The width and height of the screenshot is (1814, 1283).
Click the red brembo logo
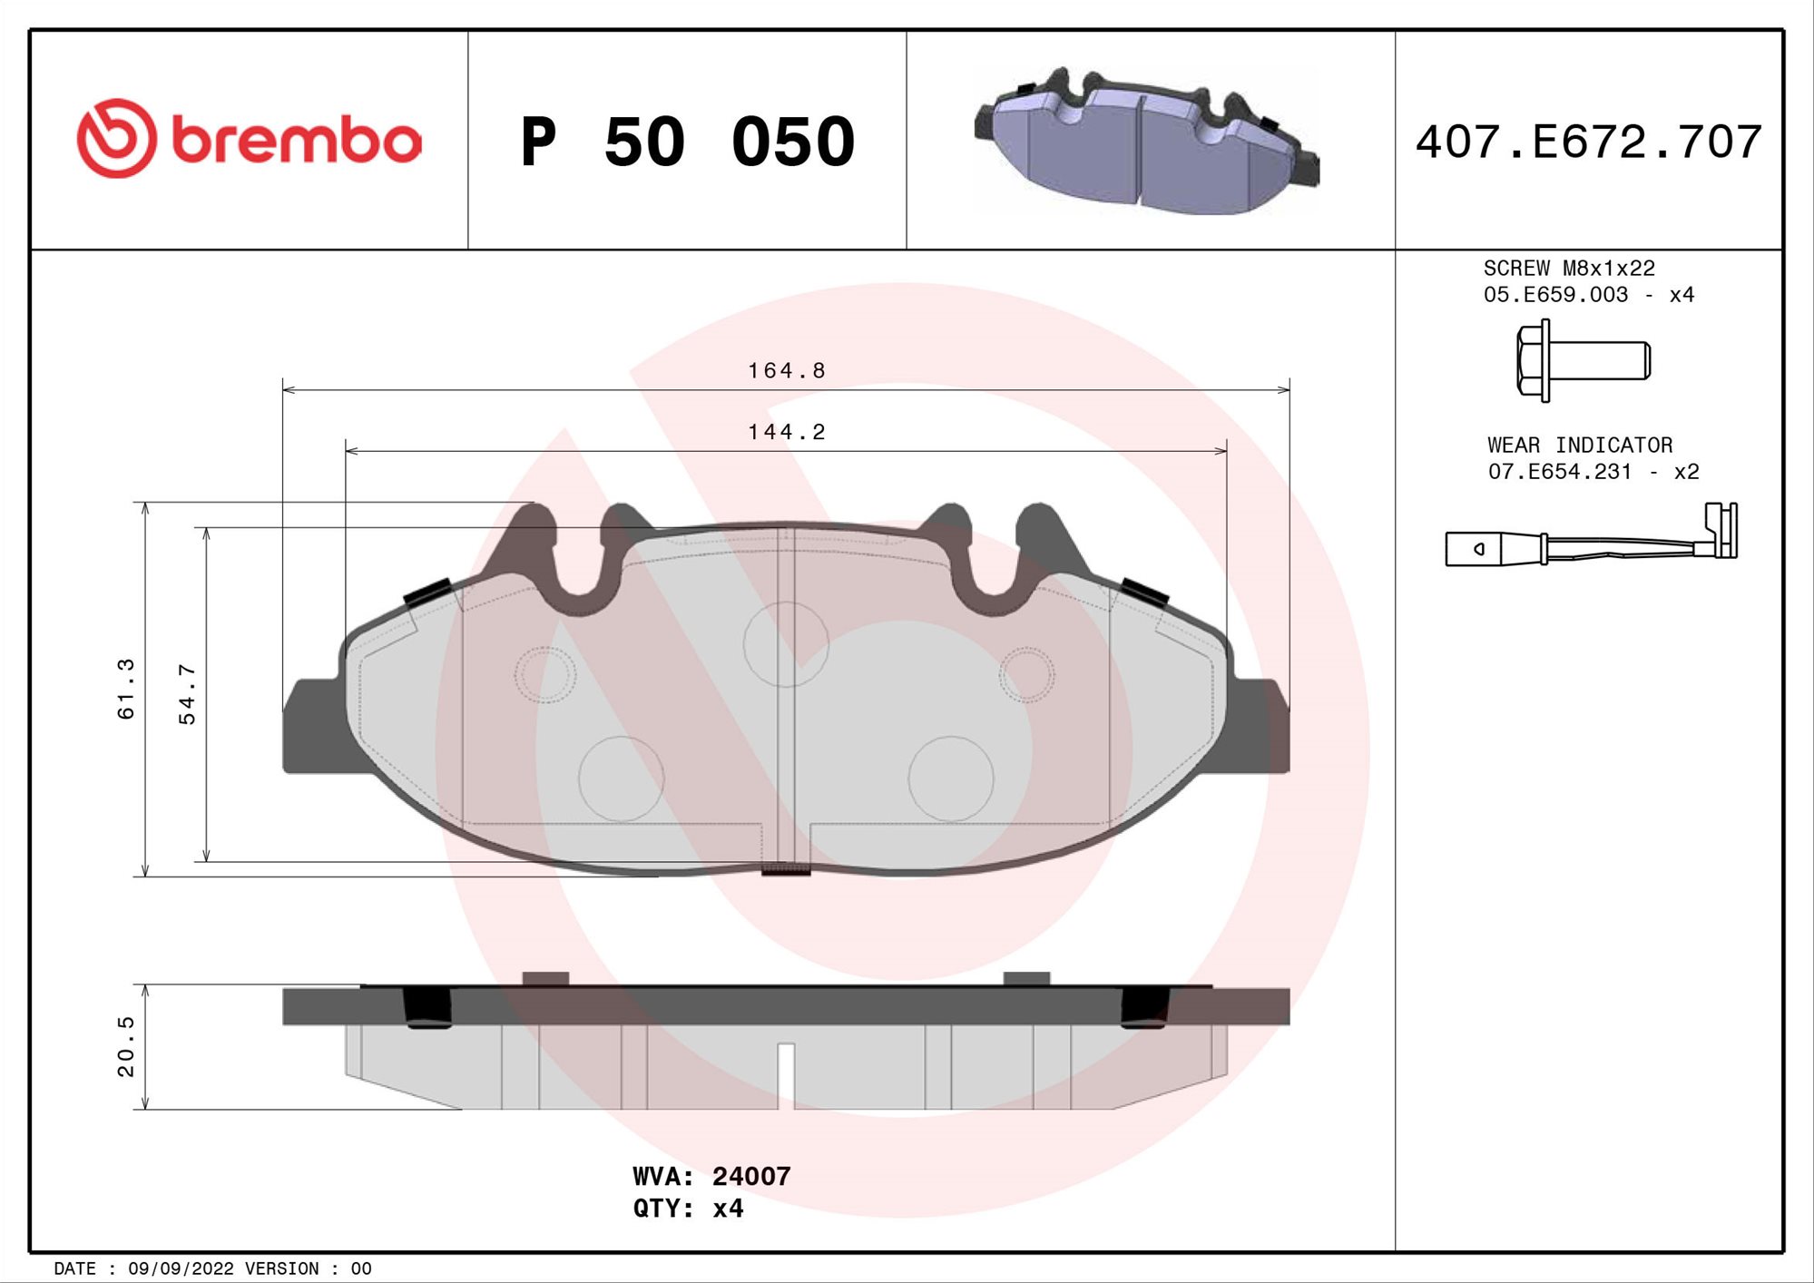click(249, 139)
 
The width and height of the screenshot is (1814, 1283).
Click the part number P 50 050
click(687, 142)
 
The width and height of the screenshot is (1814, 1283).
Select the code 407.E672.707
click(1588, 142)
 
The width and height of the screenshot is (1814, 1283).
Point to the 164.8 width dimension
click(786, 371)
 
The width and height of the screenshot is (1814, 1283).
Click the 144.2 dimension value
click(786, 432)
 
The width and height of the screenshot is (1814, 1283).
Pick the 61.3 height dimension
click(126, 689)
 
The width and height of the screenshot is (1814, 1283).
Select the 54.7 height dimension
click(187, 694)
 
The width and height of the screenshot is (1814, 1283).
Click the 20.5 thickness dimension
click(126, 1046)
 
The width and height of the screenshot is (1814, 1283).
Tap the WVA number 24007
click(750, 1176)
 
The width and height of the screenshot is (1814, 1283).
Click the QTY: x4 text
click(688, 1209)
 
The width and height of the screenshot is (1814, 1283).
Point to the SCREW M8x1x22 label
click(1568, 269)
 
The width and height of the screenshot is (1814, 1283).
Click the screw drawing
click(1583, 360)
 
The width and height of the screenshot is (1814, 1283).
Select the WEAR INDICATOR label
click(1579, 446)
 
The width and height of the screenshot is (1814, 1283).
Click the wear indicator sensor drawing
click(1590, 541)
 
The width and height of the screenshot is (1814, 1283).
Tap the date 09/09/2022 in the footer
click(181, 1268)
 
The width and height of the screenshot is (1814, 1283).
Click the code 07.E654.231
click(1559, 472)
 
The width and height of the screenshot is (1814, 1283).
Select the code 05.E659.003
click(1555, 295)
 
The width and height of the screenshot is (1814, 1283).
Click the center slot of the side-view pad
click(786, 1074)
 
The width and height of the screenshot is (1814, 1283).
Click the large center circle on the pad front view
click(786, 643)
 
